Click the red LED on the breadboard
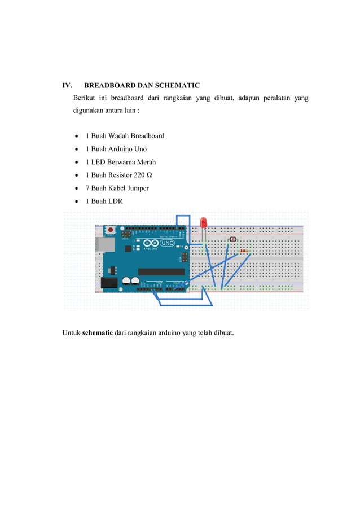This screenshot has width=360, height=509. click(x=204, y=222)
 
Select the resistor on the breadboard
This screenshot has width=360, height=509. click(x=244, y=251)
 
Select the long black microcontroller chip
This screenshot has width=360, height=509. click(x=161, y=272)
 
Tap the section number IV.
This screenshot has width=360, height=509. click(x=67, y=86)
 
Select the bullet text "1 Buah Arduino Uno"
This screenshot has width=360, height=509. click(x=116, y=149)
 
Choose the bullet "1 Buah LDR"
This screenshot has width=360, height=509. click(x=103, y=201)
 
